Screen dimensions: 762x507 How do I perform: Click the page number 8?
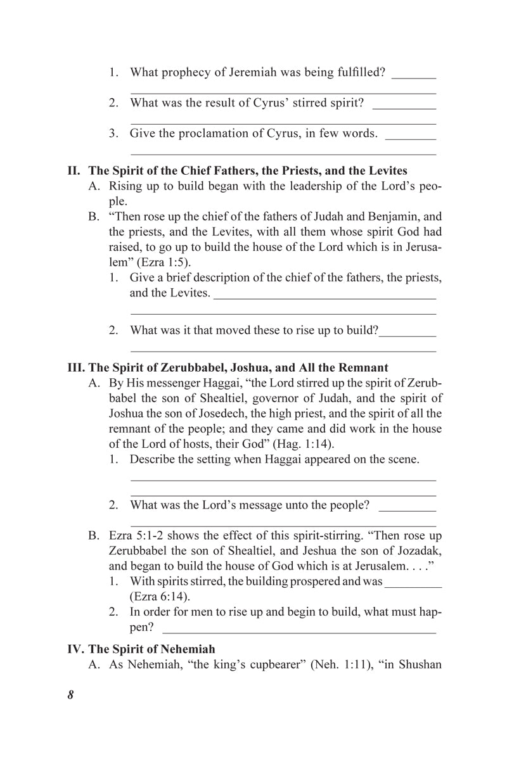pos(70,694)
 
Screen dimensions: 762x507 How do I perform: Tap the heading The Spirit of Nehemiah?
pos(151,649)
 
